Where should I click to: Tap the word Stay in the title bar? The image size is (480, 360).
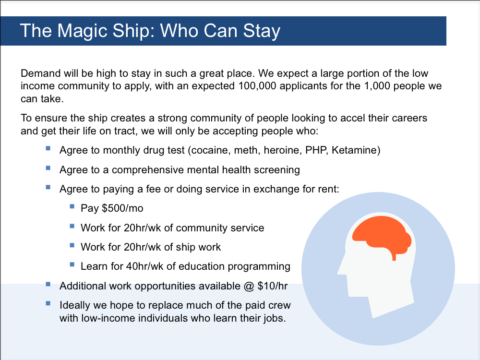coord(262,31)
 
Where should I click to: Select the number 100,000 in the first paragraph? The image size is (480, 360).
coord(257,86)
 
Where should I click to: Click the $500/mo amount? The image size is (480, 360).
coord(122,208)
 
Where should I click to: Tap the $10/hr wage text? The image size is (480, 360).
coord(273,286)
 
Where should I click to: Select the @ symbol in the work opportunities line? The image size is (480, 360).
coord(249,286)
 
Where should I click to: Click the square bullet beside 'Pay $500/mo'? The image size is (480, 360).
coord(72,206)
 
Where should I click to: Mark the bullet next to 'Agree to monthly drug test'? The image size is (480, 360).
coord(48,148)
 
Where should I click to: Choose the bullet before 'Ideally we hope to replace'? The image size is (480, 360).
coord(48,303)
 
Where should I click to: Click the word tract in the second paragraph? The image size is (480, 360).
coord(125,131)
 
